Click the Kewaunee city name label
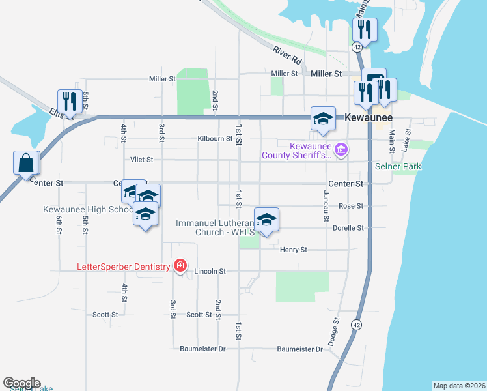(369, 117)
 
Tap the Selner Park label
(398, 166)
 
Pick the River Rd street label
(288, 55)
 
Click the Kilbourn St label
(215, 139)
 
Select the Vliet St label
(141, 159)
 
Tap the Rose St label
(351, 206)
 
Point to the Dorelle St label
(348, 228)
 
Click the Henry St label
(293, 250)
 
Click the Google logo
(21, 383)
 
